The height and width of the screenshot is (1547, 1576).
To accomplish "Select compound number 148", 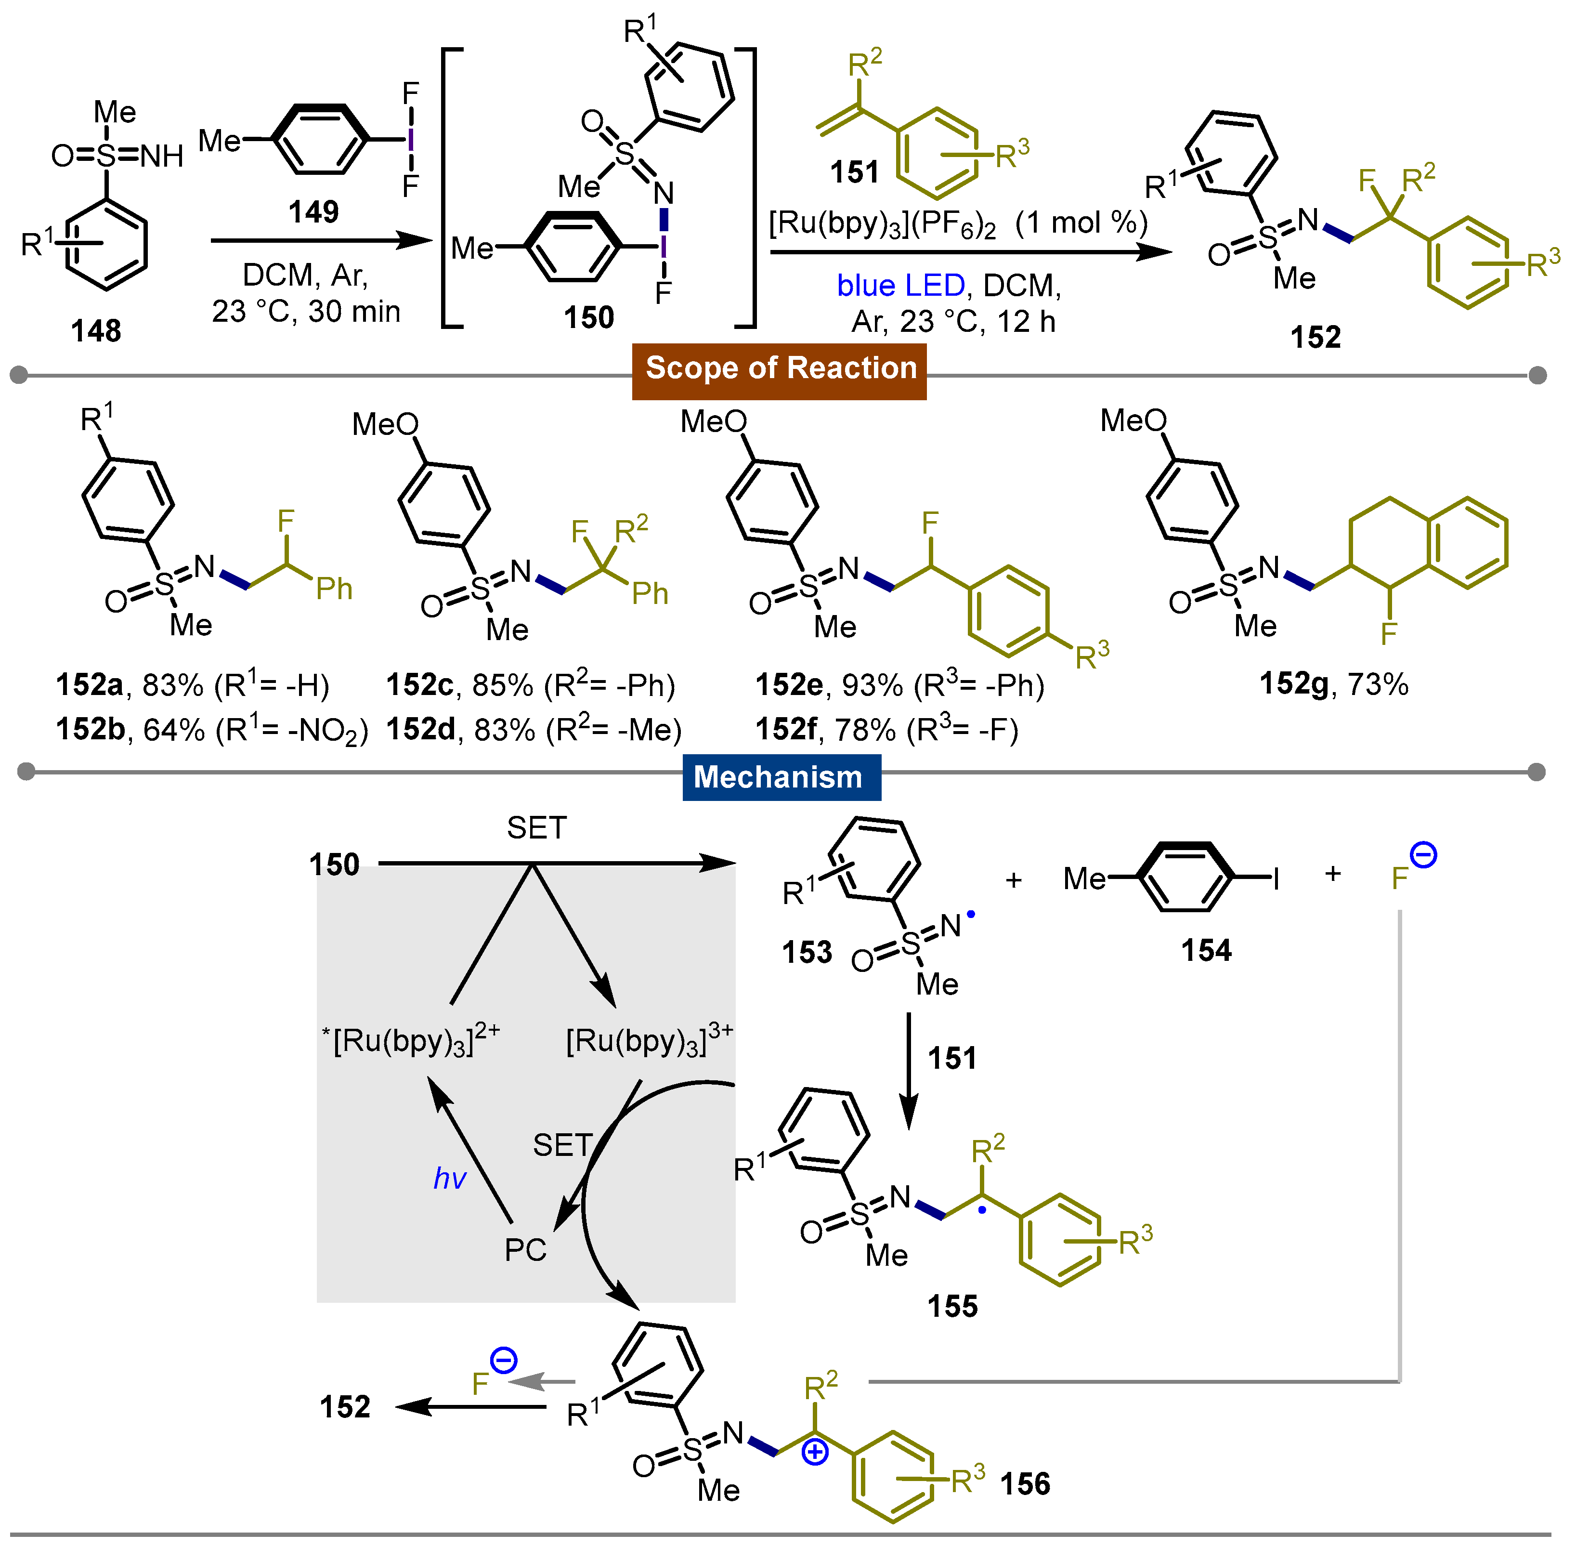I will pos(96,331).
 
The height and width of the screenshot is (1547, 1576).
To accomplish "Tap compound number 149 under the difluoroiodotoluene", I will pos(313,212).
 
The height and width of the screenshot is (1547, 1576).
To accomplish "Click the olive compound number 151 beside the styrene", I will pos(855,172).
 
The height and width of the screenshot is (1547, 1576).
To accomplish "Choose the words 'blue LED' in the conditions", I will pos(900,286).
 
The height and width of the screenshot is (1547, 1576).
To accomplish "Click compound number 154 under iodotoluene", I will pos(1206,951).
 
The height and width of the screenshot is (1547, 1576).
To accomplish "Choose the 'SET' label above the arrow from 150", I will pos(536,828).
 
